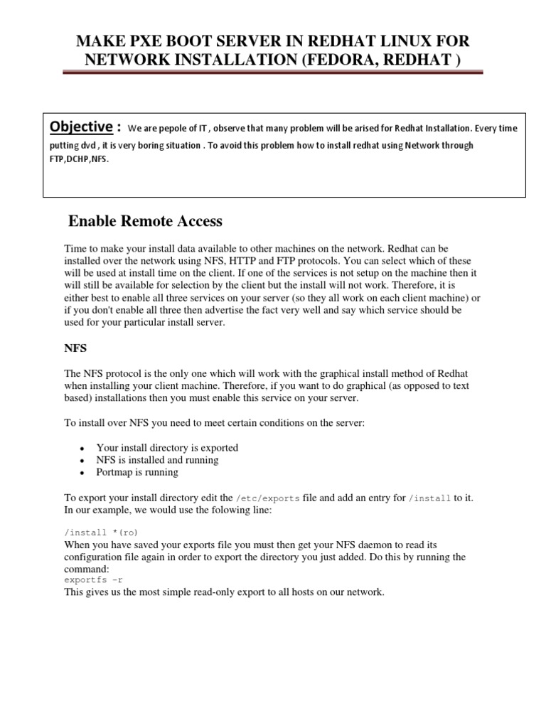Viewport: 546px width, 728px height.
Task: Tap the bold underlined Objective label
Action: coord(80,127)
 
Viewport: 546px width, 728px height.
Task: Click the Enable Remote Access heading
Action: coord(145,221)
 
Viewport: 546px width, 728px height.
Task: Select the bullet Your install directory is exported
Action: coord(167,447)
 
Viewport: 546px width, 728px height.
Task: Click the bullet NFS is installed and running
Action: coord(157,459)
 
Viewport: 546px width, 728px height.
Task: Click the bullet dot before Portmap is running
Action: coord(83,473)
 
